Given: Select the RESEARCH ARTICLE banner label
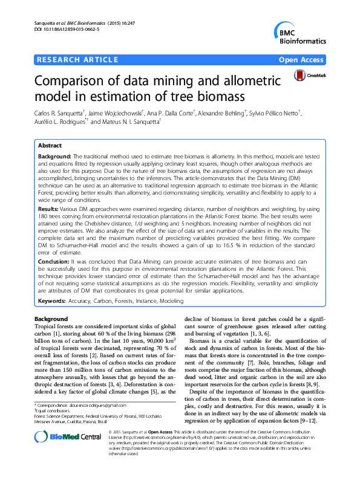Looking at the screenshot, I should [77, 59].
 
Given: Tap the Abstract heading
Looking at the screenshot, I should [50, 146].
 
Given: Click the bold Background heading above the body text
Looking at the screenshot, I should [51, 319].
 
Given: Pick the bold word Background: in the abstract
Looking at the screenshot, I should [54, 156].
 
